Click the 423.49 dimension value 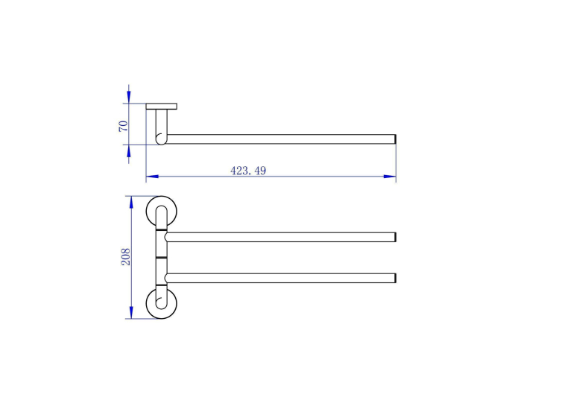pos(248,171)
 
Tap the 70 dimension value pos(124,126)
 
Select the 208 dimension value pos(126,256)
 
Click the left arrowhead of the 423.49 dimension pos(152,177)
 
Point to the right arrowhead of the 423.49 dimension pos(390,177)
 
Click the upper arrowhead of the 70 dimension pos(129,97)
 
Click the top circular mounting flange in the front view pos(148,211)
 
